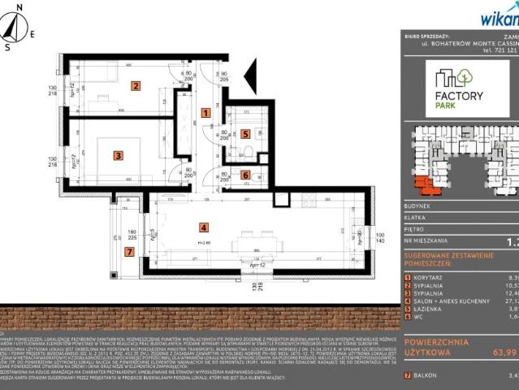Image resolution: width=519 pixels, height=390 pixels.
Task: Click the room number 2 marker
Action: coord(136,85)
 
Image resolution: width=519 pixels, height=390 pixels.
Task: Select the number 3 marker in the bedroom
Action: coord(118,155)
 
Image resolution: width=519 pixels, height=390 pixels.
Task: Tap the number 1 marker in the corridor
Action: coord(205,113)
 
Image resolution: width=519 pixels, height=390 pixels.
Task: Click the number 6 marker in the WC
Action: coord(244,174)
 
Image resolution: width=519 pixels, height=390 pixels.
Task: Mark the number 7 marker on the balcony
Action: coord(128,252)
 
